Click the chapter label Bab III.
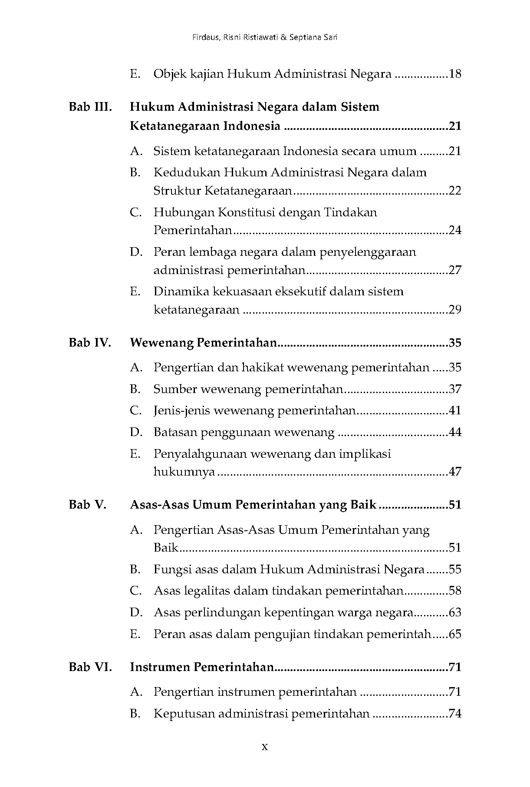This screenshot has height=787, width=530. coord(90,107)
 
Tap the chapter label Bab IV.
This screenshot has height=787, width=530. coord(90,343)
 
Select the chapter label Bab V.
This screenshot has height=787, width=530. coord(88,505)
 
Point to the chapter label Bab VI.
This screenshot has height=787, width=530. coord(90,667)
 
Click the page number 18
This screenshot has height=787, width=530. coord(455,74)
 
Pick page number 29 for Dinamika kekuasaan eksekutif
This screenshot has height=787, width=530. coord(455,310)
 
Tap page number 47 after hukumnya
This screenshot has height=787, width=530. coord(455,472)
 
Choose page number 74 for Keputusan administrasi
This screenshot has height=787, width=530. coord(455,713)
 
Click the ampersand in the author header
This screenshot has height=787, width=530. coord(283,37)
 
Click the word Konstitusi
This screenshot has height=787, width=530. coord(246,212)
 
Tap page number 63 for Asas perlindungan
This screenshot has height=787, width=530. coord(455,612)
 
